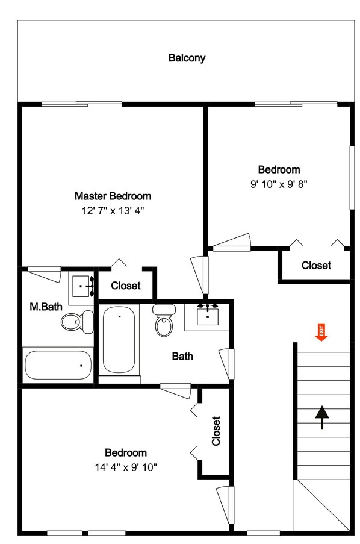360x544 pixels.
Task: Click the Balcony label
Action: coord(187,58)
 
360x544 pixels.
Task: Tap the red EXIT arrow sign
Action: coord(321,332)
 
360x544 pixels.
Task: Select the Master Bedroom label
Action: coord(113,196)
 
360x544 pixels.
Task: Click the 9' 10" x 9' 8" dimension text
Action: coord(279,185)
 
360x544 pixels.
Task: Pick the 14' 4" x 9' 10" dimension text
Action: coord(126,467)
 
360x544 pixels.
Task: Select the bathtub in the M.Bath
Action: coord(58,364)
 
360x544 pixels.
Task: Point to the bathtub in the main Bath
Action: coord(119,340)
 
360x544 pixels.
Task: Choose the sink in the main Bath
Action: coord(208,316)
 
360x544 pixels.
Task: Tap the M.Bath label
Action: coord(46,307)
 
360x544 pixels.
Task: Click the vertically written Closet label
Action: coord(216,431)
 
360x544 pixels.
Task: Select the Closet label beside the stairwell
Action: coord(316,265)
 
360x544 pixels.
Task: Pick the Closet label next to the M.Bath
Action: coord(126,286)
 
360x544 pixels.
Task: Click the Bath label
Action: coord(182,356)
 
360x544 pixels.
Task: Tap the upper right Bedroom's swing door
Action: coord(231,242)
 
